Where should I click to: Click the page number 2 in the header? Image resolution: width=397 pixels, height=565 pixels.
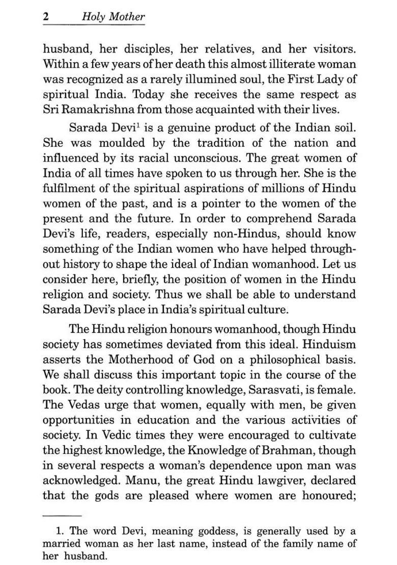coord(46,16)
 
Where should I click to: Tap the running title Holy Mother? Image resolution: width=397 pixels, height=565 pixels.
coord(113,16)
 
